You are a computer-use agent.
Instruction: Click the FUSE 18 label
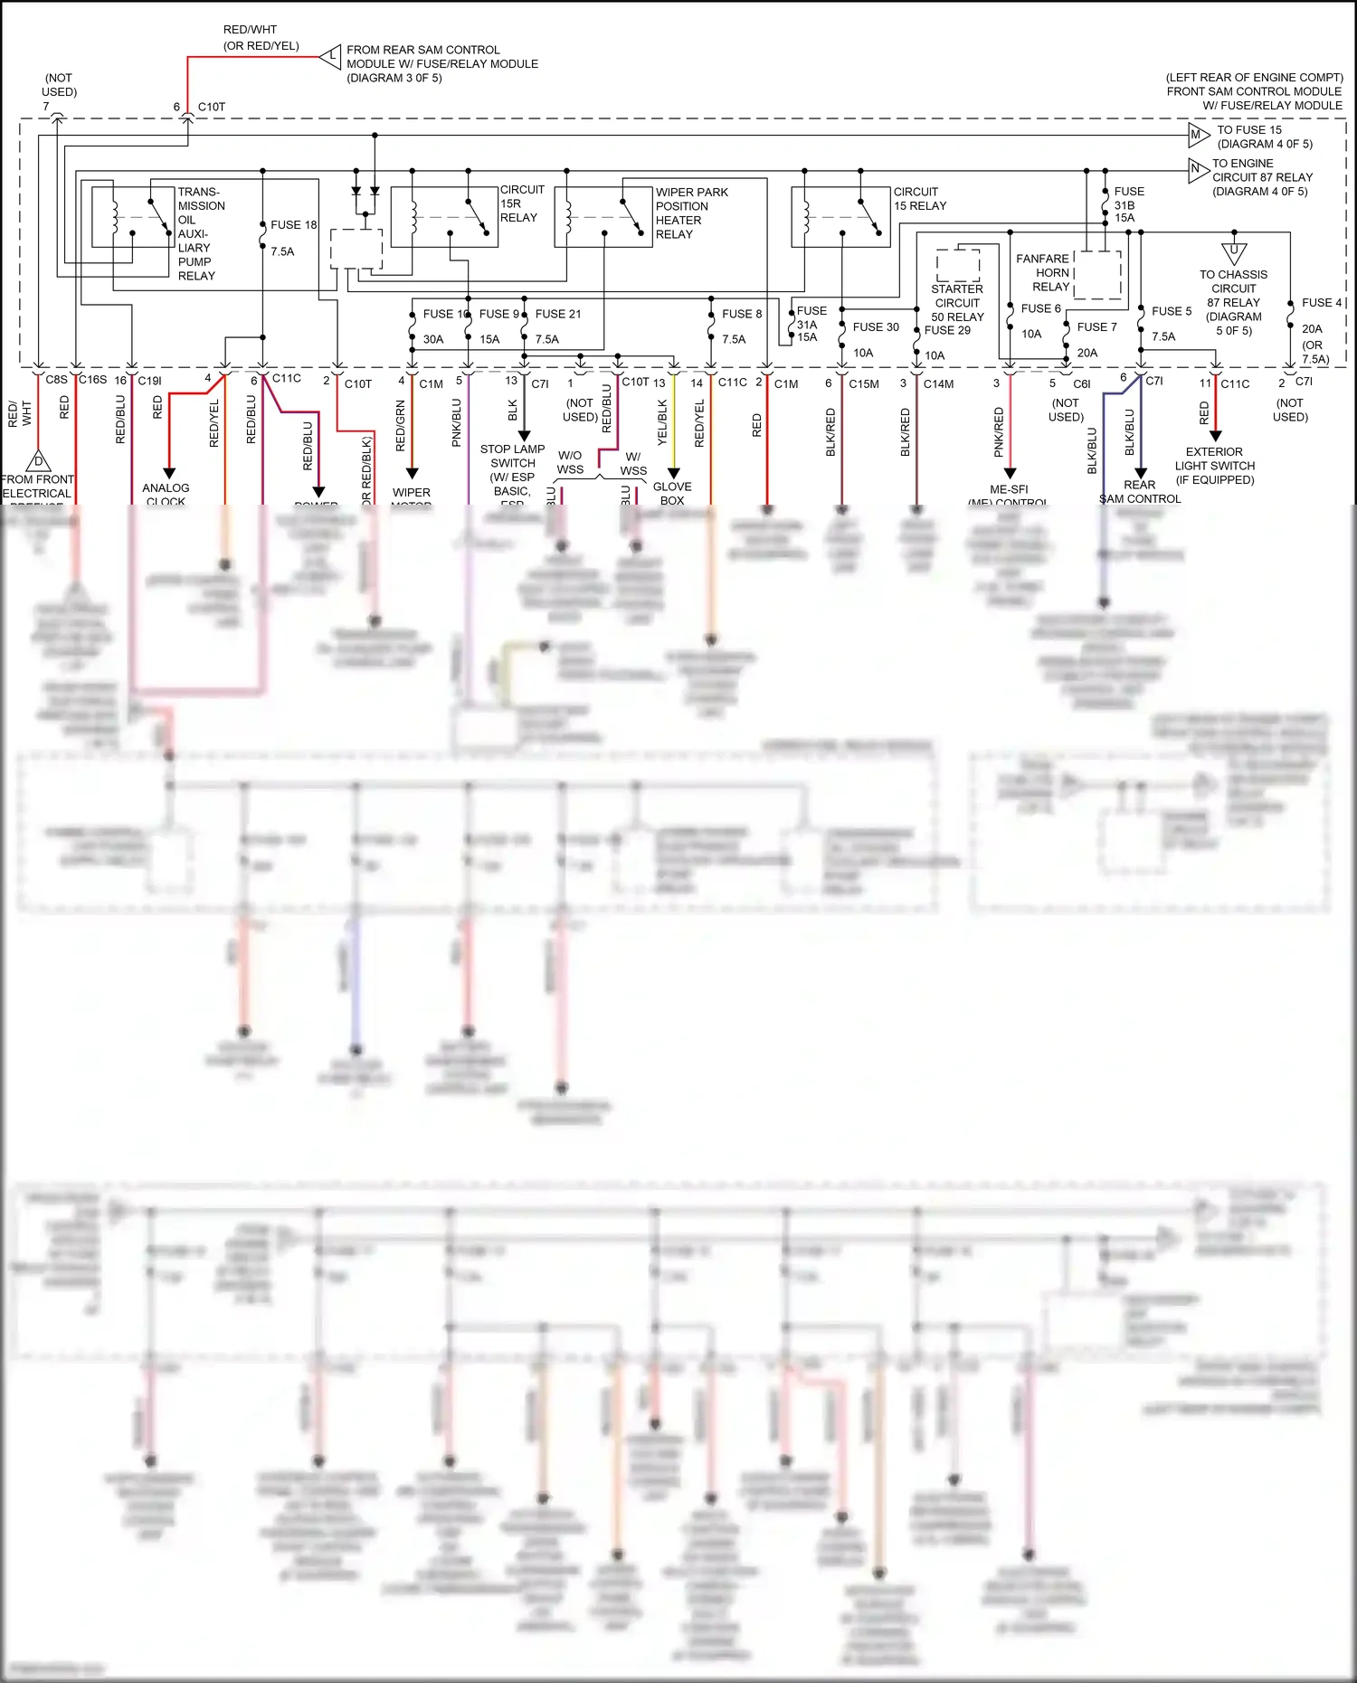point(293,224)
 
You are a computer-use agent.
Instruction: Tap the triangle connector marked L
point(331,57)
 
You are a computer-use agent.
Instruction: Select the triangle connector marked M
point(1198,136)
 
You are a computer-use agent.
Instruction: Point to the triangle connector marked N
point(1198,169)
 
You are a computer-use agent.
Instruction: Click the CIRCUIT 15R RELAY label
point(522,203)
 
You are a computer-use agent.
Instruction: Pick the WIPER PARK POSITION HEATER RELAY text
point(691,213)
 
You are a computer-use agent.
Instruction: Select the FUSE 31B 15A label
point(1128,204)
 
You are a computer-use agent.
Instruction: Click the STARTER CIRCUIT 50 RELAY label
point(957,303)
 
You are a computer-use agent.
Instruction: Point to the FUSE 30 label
point(875,327)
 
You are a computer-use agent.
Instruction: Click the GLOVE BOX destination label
point(672,493)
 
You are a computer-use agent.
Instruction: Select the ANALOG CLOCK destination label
point(166,494)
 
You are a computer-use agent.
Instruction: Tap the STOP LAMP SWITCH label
point(512,456)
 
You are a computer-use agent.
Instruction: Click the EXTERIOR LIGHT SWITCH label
point(1214,465)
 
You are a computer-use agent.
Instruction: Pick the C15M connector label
point(863,383)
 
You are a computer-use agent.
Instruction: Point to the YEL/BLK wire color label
point(661,422)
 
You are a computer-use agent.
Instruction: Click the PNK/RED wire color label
point(999,431)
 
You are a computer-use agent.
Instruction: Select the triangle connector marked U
point(1233,252)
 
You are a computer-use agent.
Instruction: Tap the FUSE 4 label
point(1321,303)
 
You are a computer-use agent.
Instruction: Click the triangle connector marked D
point(38,461)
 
